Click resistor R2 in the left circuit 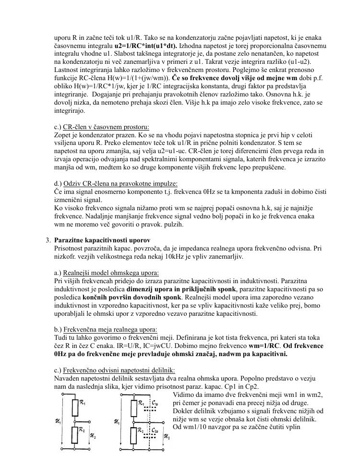click(x=74, y=435)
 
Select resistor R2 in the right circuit click(x=134, y=435)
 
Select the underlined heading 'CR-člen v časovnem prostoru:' click(x=101, y=127)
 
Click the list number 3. click(x=48, y=240)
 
